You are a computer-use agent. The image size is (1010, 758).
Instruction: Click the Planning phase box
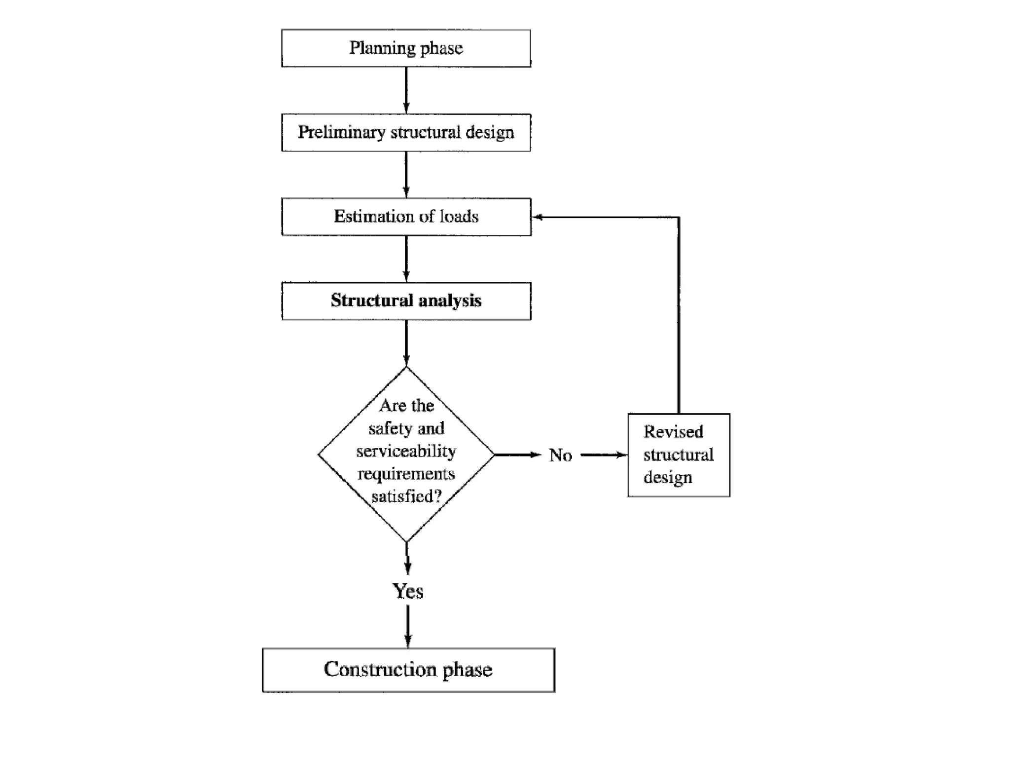pos(406,48)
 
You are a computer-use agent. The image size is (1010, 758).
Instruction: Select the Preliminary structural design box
pos(406,132)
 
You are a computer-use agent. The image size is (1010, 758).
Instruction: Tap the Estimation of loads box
pos(406,217)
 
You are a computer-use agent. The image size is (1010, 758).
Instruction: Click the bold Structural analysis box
pos(406,301)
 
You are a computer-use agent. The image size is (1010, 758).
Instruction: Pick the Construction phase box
pos(408,670)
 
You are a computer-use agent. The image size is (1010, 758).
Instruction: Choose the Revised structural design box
pos(679,455)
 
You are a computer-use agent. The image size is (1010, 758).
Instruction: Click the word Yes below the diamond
pos(407,591)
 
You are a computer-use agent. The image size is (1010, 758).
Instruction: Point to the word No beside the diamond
pos(561,455)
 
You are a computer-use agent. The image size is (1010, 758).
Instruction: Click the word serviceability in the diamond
pos(406,451)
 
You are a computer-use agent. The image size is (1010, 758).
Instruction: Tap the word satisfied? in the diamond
pos(406,496)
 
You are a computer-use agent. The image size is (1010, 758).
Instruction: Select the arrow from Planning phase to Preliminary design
pos(406,90)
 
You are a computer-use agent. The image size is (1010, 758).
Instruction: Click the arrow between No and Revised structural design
pos(604,455)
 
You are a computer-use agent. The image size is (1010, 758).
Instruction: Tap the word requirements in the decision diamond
pos(406,474)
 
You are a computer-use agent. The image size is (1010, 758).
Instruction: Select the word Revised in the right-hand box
pos(673,432)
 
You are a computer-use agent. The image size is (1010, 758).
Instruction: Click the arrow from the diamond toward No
pos(518,455)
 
